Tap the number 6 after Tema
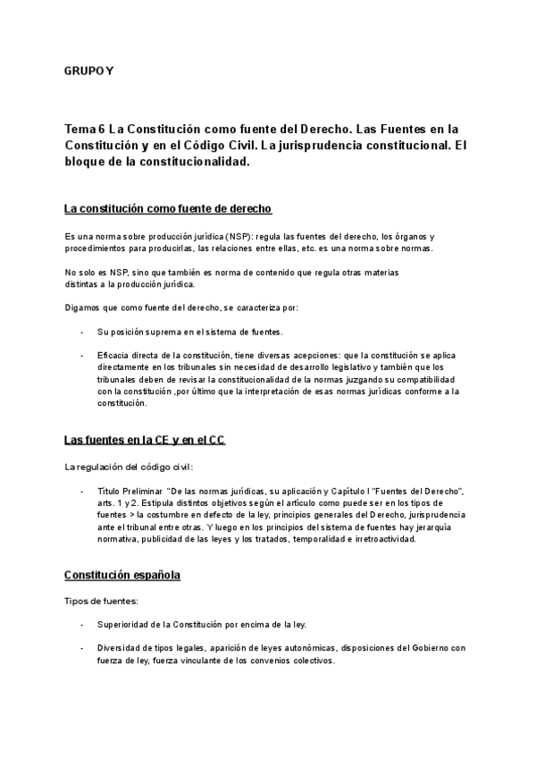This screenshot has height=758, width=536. pos(101,129)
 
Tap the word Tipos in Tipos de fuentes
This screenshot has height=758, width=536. pos(76,601)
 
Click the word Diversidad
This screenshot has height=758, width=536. pos(121,647)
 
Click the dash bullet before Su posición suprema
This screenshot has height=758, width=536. pos(82,332)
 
